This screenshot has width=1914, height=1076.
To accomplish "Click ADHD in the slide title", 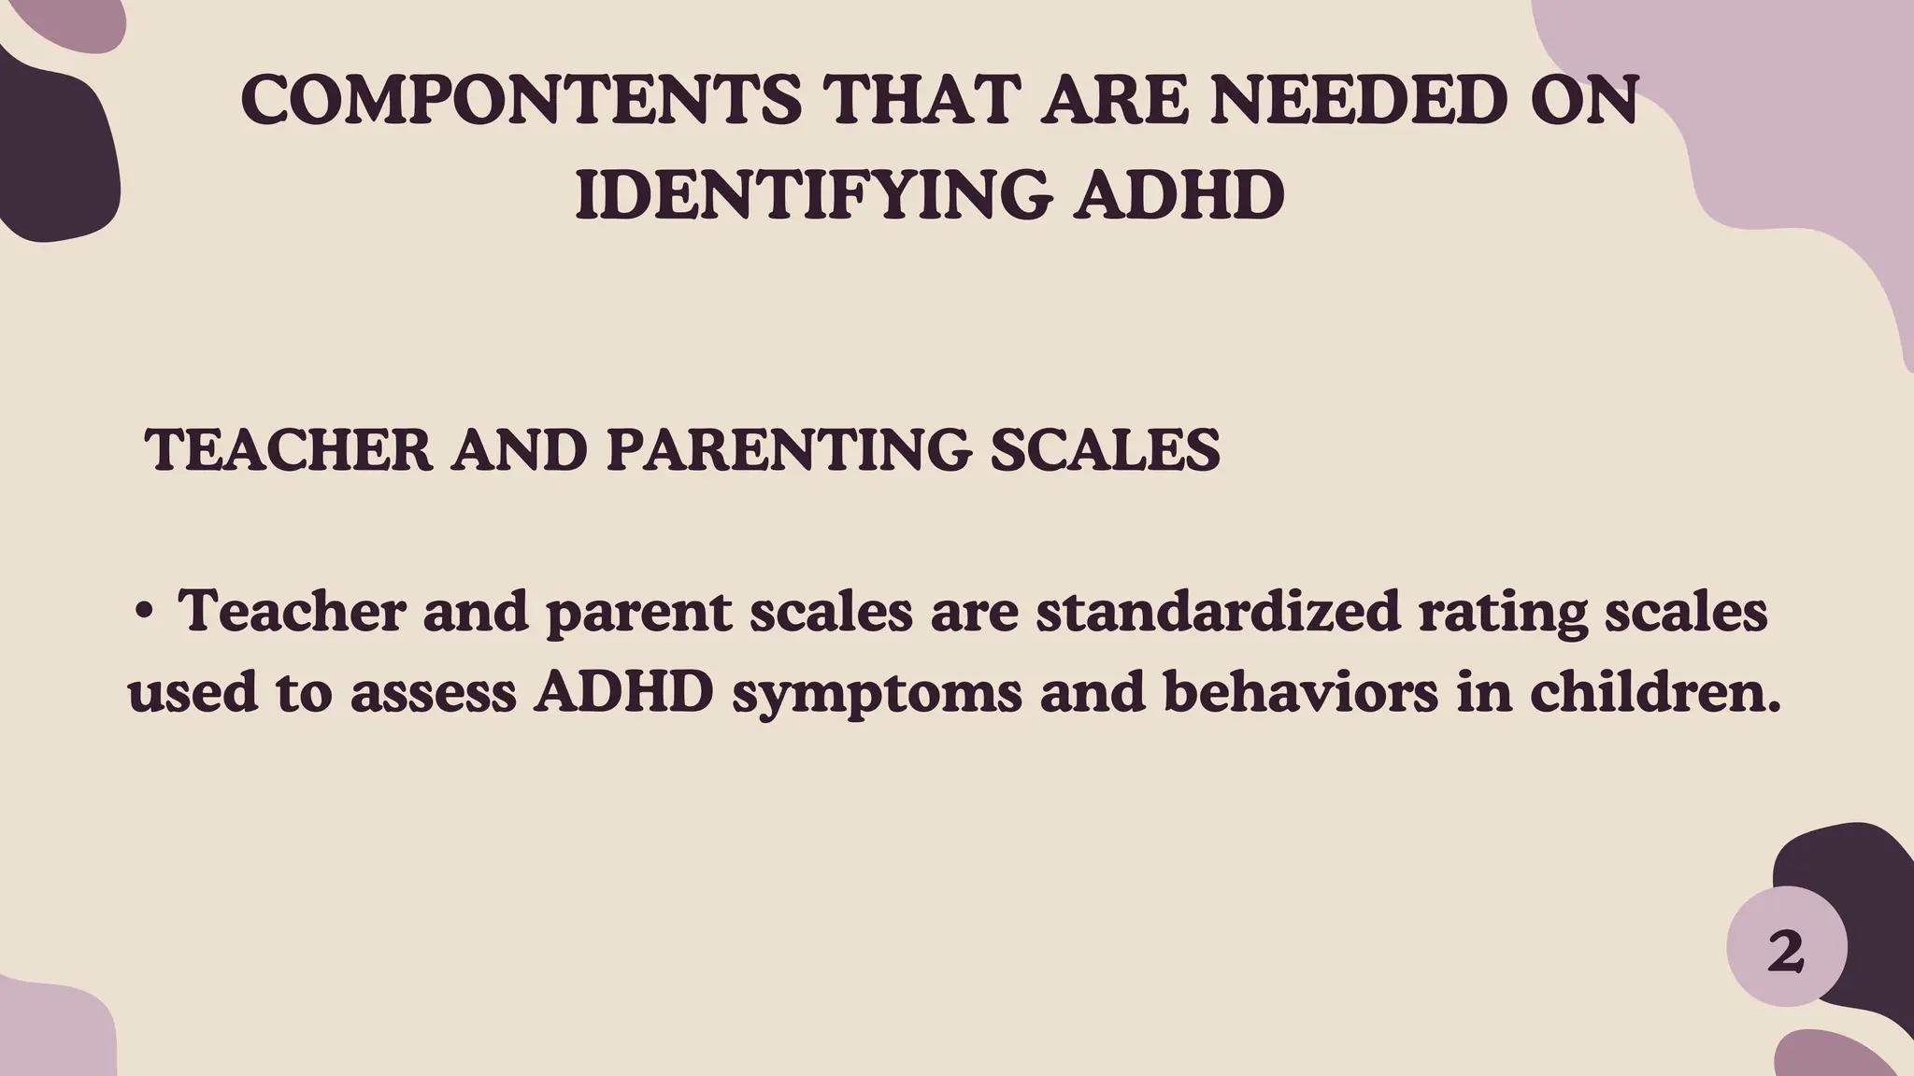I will (1178, 196).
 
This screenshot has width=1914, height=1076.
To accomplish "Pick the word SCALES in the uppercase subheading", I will (1105, 449).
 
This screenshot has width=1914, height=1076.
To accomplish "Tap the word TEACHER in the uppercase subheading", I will (289, 449).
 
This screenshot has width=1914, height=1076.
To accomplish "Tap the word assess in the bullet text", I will (434, 695).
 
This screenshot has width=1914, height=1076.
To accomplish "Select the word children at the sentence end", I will (1654, 693).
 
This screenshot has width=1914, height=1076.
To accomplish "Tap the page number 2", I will (1785, 953).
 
